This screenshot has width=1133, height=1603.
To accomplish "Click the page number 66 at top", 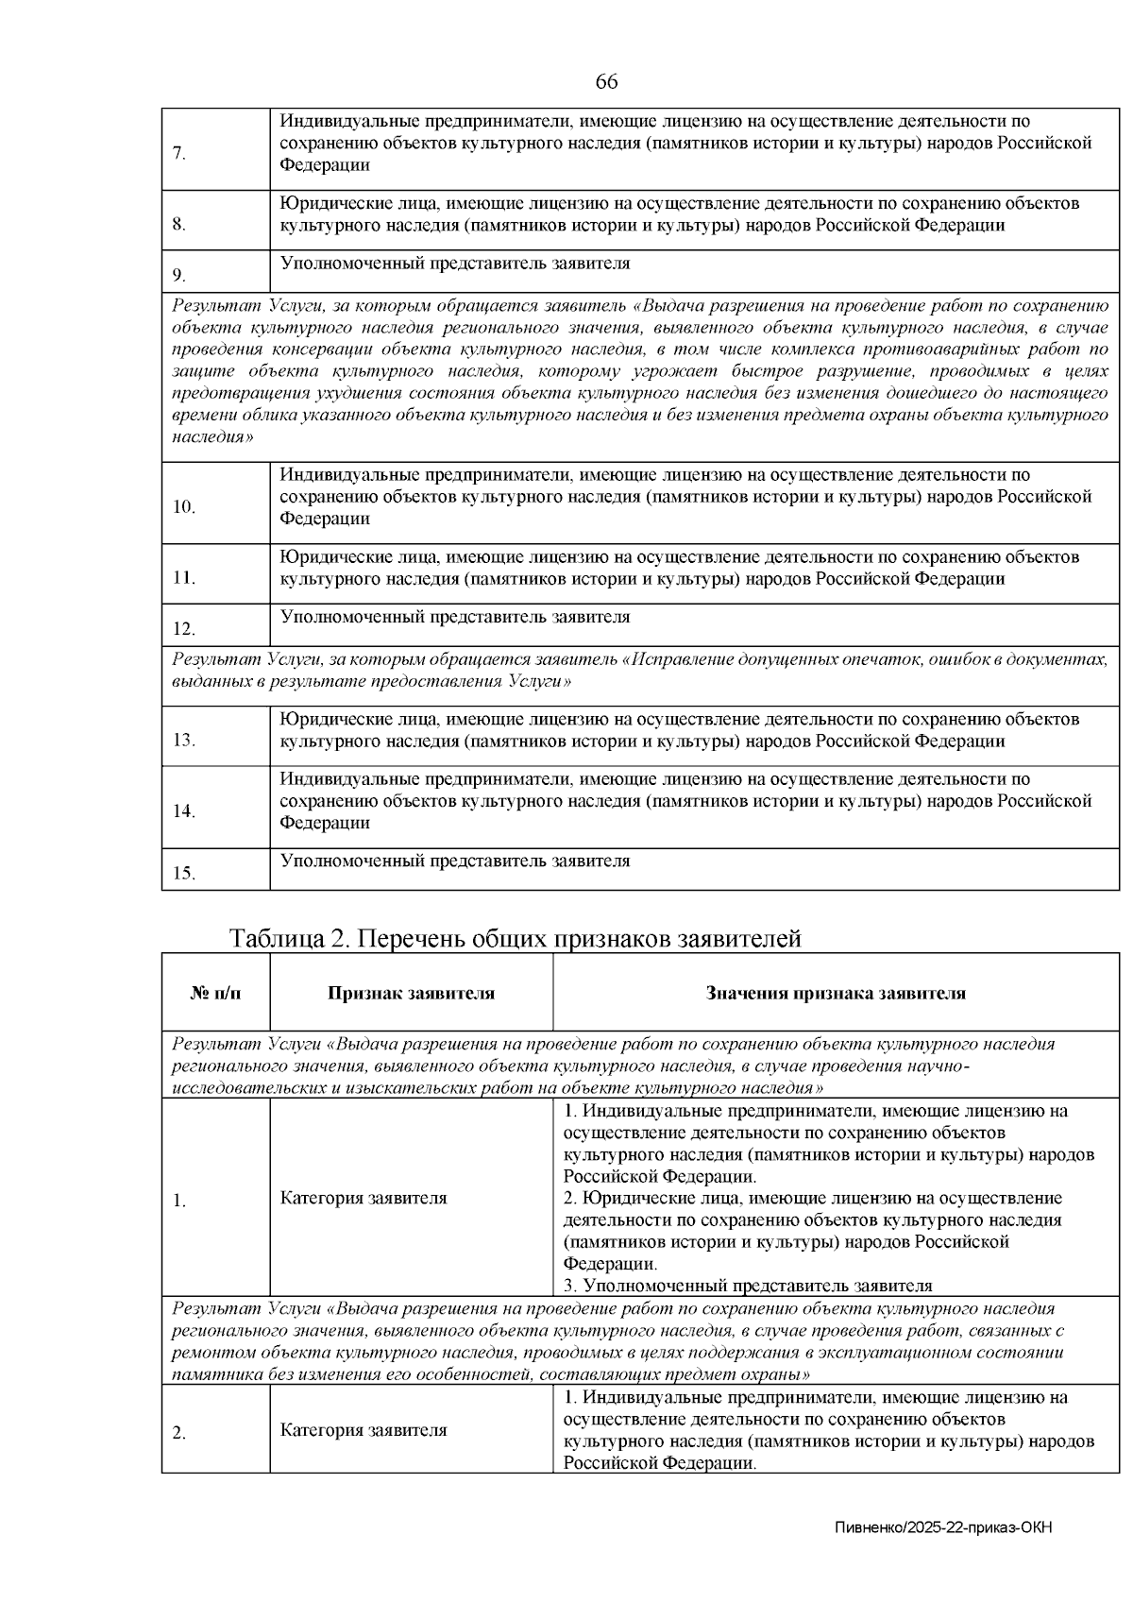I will pos(606,82).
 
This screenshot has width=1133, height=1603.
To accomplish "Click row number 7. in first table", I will pos(179,155).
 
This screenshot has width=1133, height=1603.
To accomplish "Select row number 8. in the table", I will pos(179,225).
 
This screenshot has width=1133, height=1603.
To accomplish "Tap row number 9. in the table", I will pos(179,276).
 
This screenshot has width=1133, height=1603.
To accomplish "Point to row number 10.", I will pos(183,507).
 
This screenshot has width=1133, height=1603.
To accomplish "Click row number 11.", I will pos(183,578).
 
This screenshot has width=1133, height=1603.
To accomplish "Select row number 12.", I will pos(183,629).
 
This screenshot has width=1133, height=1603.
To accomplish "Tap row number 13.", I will pos(183,740).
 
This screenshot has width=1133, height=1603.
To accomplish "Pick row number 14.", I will pos(183,811).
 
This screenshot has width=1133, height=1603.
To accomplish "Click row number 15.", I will pos(183,874).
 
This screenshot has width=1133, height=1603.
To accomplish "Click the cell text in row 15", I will pos(455,861).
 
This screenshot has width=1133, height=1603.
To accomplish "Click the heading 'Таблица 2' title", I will pos(516,939).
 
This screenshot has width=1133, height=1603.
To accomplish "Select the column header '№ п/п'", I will pos(215,994).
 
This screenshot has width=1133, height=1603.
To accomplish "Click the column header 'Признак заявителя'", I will pos(411,994).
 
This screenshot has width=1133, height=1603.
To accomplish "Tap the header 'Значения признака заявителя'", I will pos(836,994).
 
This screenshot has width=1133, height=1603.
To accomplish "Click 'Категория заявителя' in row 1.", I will pos(364,1199).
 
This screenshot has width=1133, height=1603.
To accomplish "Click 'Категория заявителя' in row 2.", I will pos(364,1430).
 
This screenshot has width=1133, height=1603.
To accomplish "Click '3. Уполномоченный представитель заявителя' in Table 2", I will pos(748,1286).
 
